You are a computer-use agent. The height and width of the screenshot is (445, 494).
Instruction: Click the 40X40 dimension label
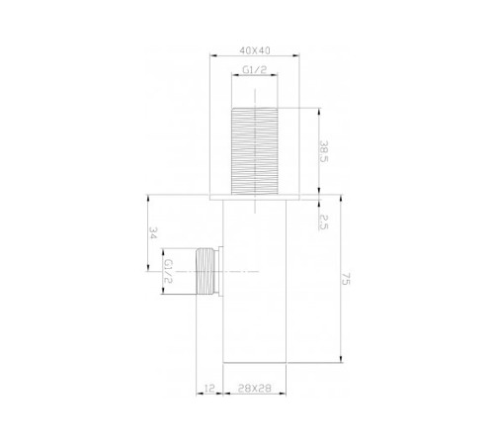tap(255, 50)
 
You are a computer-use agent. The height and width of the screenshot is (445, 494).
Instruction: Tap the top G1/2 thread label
tap(255, 70)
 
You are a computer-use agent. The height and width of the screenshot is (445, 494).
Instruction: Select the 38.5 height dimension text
tap(324, 151)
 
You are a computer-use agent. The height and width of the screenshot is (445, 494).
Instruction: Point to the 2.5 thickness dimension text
tap(324, 222)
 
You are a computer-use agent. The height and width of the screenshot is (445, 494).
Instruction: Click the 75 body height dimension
tap(346, 279)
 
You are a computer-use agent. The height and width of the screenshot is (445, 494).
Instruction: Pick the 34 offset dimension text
tap(153, 232)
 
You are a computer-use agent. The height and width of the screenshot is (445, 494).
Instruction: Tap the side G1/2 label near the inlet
tap(168, 271)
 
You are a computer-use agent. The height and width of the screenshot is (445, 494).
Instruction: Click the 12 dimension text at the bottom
tap(209, 388)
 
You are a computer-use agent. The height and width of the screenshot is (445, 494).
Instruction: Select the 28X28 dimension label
tap(255, 388)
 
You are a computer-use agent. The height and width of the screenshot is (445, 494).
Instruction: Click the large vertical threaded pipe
tap(255, 151)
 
